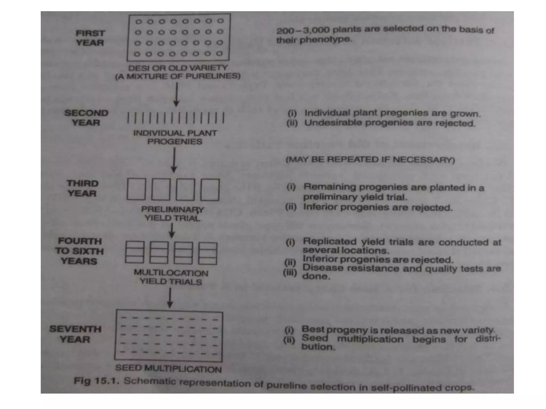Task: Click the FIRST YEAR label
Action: (90, 38)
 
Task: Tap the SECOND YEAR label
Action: (86, 118)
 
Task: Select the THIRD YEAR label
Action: (82, 188)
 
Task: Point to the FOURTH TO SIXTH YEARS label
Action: (79, 251)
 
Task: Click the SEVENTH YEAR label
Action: (75, 334)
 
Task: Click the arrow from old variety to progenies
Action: (176, 95)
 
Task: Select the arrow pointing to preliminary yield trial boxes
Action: (174, 160)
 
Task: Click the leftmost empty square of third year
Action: (136, 189)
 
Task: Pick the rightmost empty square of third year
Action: (210, 190)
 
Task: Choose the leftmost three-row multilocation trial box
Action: (135, 252)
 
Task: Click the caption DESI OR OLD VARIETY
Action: (178, 68)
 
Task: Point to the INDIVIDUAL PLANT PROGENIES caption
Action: (175, 137)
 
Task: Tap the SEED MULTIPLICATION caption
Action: (168, 369)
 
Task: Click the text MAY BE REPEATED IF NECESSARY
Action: (370, 159)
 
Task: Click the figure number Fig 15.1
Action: (96, 381)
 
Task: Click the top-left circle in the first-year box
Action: (139, 22)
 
